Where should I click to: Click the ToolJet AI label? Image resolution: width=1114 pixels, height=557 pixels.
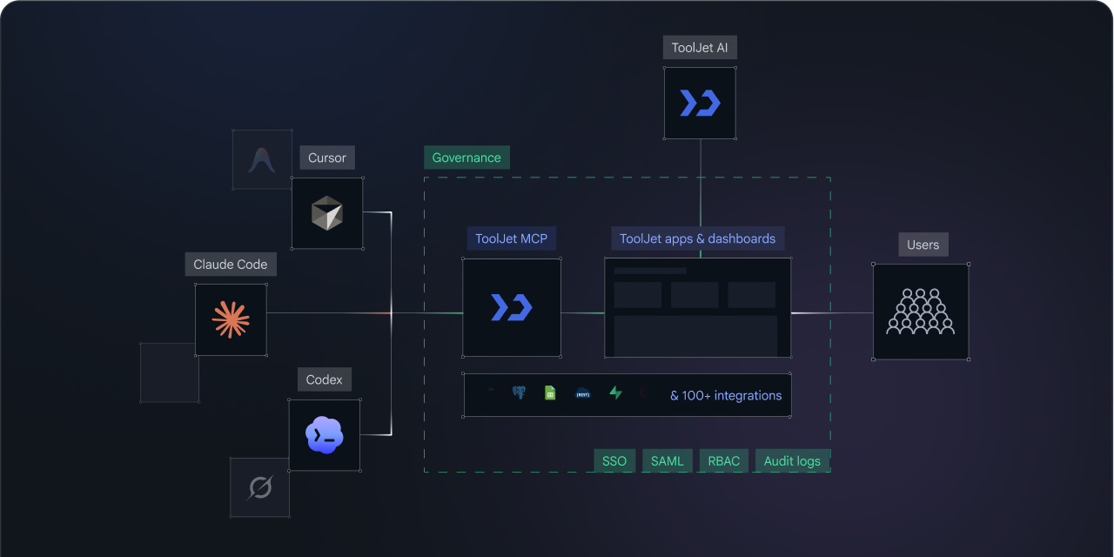point(700,48)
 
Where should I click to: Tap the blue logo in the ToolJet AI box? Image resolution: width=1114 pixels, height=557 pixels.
point(701,103)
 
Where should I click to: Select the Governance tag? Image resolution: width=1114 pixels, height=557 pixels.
point(466,158)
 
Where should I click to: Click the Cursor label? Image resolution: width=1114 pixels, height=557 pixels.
point(326,158)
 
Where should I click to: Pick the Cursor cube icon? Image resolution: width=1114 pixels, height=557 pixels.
point(326,213)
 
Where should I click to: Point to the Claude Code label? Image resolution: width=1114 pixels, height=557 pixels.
point(231,264)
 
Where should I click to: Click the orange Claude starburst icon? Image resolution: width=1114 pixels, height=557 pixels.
point(231,319)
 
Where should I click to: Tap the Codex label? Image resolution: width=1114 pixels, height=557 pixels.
point(325,379)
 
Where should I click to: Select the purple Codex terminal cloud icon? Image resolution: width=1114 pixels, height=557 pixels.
point(325,435)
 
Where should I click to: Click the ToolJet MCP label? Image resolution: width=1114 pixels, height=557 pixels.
point(511,238)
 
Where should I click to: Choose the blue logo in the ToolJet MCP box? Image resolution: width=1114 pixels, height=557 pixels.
point(512,307)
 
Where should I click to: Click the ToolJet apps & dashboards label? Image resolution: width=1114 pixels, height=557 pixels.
point(697,238)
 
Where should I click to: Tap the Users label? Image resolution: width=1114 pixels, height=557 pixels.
point(923,245)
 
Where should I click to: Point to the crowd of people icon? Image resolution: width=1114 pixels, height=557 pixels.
point(921,312)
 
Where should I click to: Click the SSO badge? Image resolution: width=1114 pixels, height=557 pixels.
point(614,461)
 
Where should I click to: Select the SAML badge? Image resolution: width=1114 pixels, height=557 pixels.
point(668,461)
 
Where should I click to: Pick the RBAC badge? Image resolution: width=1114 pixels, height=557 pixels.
point(723,461)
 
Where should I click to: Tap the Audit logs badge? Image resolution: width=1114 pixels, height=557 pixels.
point(792,461)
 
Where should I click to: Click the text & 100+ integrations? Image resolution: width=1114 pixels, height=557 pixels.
point(726,395)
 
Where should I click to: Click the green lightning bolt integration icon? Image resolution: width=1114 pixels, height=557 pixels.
point(615,393)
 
